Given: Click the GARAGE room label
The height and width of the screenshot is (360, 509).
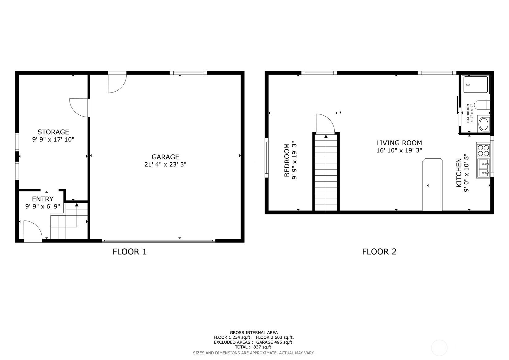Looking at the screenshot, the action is pos(165,157).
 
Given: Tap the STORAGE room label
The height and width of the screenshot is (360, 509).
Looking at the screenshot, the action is pos(53,132).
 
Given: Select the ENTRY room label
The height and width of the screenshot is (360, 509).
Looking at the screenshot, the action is pos(42,199).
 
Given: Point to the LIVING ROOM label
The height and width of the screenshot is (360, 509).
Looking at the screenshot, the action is pos(399,143).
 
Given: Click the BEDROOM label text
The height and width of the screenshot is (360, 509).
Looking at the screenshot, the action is pos(287,160).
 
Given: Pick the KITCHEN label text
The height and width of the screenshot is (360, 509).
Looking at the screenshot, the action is pos(459,173).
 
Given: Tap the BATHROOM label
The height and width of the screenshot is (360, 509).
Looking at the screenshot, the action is pos(468,113).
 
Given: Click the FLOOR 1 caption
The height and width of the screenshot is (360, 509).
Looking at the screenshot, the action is pos(129,252).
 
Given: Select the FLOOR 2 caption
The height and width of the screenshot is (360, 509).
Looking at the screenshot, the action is pos(379,252).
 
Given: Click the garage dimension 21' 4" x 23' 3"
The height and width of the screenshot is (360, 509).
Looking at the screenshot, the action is pos(165,165).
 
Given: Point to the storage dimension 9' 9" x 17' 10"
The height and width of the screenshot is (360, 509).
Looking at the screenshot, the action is pos(53,139).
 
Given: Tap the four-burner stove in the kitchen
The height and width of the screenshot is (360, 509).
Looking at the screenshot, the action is pos(483,151).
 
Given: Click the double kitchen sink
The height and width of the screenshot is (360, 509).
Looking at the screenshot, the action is pos(484,169).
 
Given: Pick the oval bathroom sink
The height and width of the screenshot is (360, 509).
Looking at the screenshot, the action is pos(484,124).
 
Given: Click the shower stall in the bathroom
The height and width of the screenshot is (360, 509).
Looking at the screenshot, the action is pos(476,85).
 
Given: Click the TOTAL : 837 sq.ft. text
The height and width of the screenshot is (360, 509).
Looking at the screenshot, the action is pos(254,347).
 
